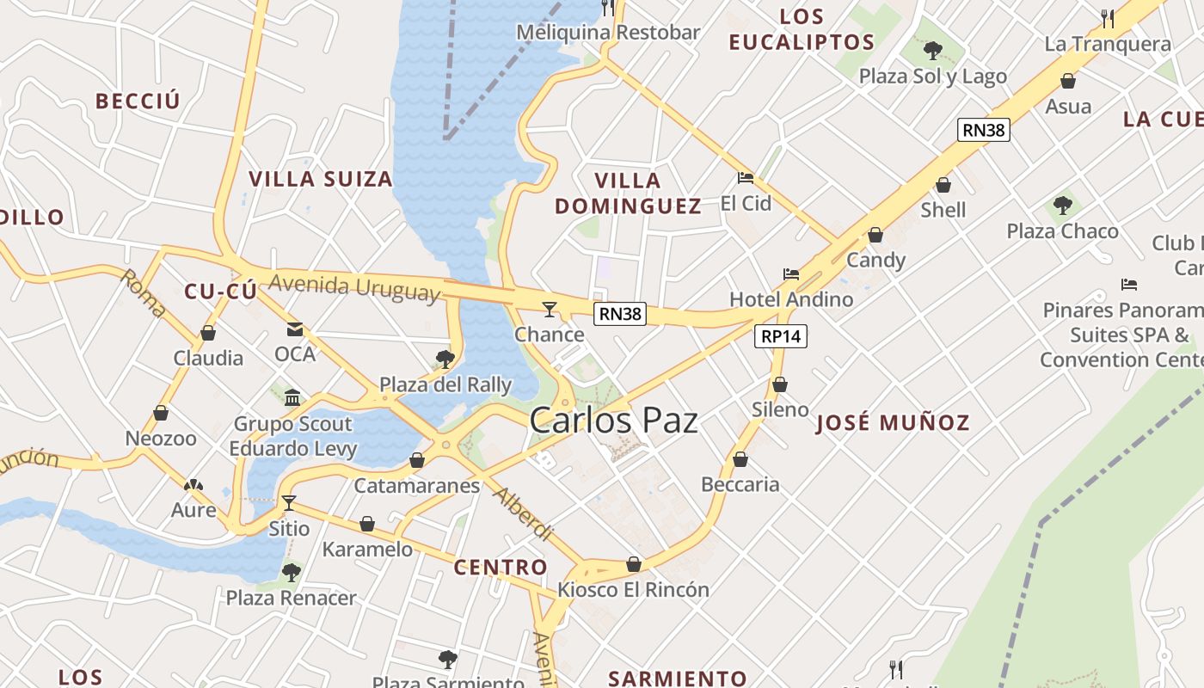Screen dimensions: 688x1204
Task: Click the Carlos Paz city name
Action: point(613,421)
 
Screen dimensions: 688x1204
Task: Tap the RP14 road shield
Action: point(781,336)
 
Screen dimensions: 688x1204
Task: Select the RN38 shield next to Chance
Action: point(620,314)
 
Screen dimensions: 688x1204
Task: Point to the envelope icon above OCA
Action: point(295,329)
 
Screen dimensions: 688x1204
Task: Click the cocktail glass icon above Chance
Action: point(549,310)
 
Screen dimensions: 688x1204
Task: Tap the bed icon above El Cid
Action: point(746,179)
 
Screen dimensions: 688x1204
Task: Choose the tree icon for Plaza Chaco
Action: point(1063,206)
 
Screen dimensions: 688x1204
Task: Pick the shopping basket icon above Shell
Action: point(943,185)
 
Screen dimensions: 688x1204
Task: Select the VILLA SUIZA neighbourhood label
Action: point(321,179)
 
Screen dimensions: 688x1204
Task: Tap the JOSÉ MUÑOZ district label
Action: point(893,422)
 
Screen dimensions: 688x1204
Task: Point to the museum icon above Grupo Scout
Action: point(292,397)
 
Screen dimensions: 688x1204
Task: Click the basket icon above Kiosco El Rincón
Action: point(634,564)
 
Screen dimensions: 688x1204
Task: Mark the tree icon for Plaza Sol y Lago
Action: point(933,51)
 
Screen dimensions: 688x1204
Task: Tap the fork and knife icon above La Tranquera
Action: point(1108,18)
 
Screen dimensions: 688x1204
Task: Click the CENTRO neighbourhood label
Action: point(501,567)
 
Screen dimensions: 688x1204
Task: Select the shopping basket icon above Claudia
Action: point(208,333)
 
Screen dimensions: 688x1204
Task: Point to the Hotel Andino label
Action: point(791,299)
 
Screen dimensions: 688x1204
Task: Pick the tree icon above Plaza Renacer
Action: point(292,572)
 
